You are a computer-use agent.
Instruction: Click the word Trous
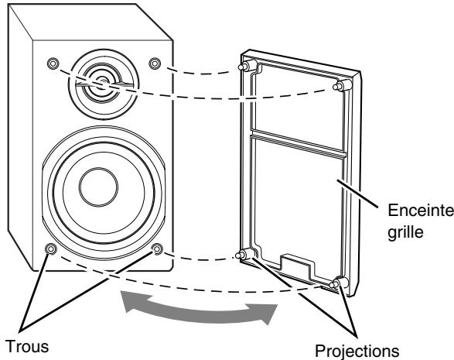27,347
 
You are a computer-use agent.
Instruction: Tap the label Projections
357,351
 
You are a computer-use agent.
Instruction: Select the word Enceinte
421,211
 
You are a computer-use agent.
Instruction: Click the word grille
405,232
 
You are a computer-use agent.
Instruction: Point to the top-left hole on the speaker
53,63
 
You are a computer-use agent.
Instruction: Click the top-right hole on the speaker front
155,63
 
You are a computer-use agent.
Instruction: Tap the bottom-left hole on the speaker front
51,249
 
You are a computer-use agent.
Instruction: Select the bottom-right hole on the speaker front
157,249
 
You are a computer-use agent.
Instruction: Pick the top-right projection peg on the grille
342,86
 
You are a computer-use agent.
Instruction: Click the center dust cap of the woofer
99,187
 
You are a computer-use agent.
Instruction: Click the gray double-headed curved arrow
200,307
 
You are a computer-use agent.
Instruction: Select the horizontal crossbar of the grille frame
299,144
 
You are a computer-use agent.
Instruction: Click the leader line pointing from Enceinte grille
357,194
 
